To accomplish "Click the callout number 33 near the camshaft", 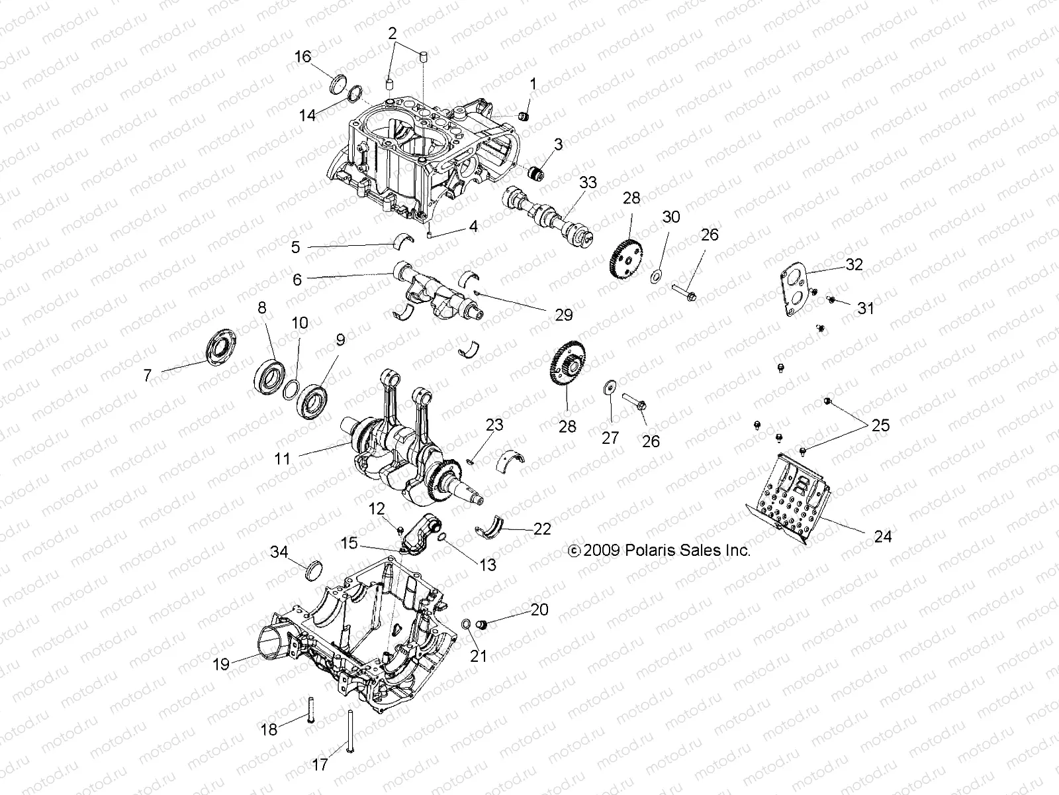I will pyautogui.click(x=588, y=183).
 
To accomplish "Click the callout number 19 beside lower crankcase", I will pyautogui.click(x=221, y=664).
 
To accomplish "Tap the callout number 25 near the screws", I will pyautogui.click(x=880, y=425).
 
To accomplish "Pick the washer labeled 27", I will pyautogui.click(x=609, y=388).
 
